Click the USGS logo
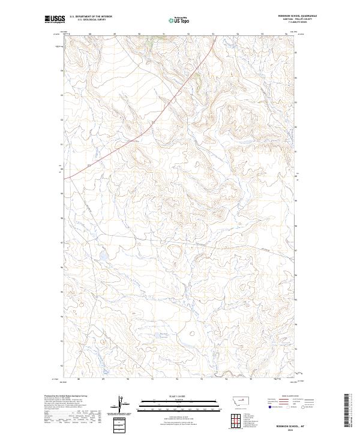[54, 20]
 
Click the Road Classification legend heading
[290, 397]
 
